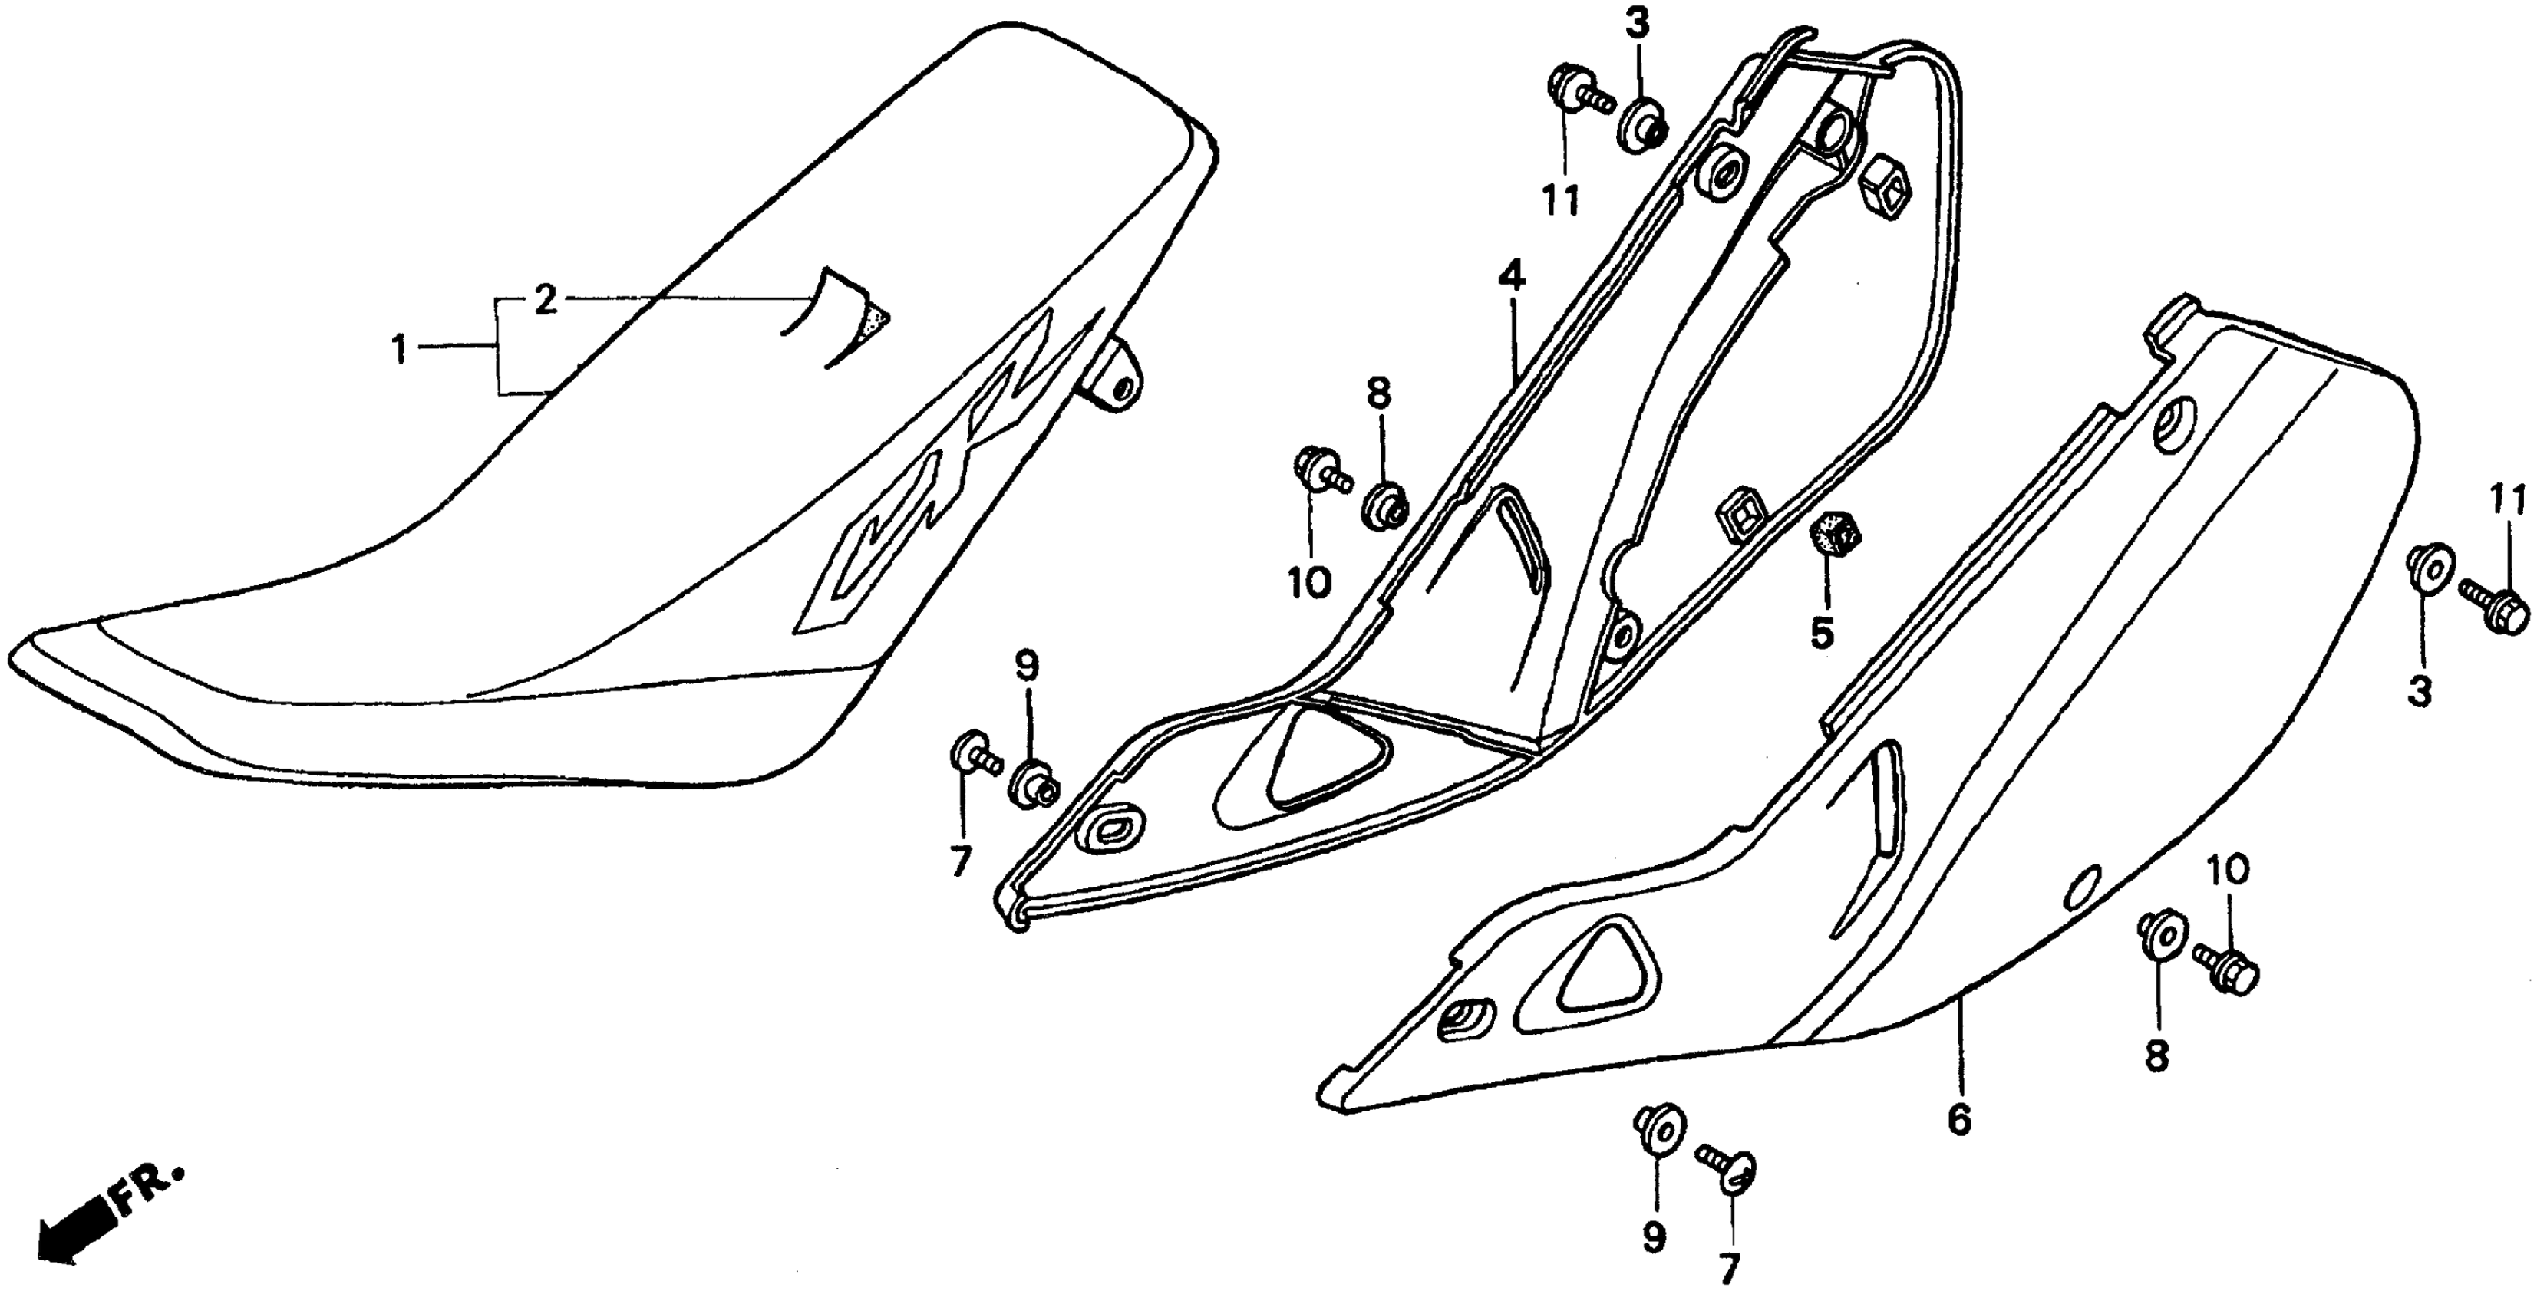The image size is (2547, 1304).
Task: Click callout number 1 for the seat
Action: pyautogui.click(x=400, y=349)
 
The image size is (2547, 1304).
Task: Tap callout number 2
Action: pyautogui.click(x=546, y=300)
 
